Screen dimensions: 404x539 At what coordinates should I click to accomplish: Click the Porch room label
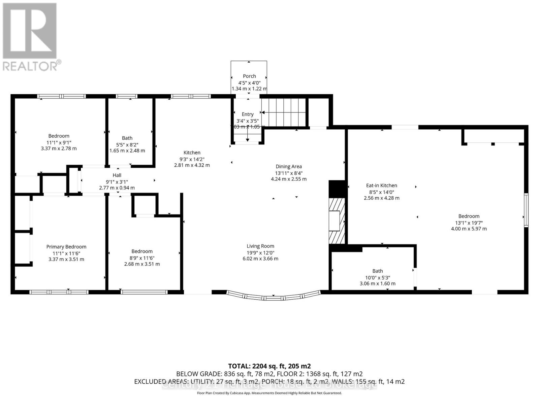[249, 76]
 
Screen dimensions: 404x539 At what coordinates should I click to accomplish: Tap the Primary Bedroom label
[66, 247]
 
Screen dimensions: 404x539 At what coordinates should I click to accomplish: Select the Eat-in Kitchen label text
[381, 186]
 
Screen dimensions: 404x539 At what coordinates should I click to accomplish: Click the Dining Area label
[289, 166]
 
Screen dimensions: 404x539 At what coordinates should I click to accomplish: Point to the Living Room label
[260, 246]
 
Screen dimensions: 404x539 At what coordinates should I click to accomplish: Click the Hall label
[117, 175]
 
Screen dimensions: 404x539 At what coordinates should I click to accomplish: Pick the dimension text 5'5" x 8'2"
[127, 144]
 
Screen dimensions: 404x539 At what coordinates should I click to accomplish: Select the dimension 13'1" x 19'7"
[469, 223]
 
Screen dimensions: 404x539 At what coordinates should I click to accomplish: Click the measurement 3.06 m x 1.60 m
[377, 284]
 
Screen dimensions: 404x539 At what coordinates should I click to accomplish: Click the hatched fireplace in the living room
[337, 221]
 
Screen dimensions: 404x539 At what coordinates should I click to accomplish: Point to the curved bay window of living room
[273, 297]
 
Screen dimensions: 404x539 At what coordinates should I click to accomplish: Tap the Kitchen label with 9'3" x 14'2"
[192, 153]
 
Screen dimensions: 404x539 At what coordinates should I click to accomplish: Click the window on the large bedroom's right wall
[526, 210]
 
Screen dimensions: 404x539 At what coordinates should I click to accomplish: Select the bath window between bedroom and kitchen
[127, 96]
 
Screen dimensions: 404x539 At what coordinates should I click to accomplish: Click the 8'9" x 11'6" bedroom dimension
[142, 258]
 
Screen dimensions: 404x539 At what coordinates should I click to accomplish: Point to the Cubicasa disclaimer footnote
[269, 393]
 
